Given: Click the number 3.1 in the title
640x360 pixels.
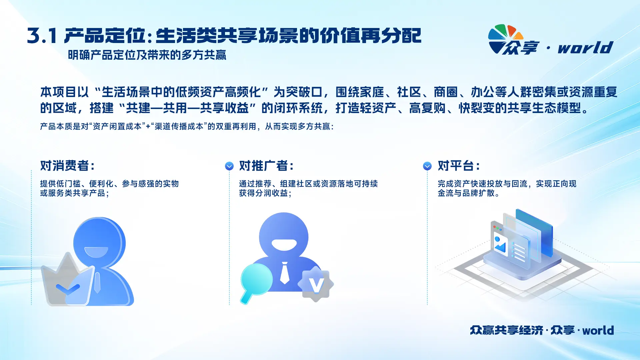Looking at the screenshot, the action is [42, 36].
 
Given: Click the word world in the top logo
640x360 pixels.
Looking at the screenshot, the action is [585, 47].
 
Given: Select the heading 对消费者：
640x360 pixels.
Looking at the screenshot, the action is [68, 166].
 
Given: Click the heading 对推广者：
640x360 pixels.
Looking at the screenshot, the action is [266, 166].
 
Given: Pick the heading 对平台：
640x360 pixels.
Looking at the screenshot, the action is [459, 166].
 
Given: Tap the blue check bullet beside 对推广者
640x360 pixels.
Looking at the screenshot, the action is [229, 166].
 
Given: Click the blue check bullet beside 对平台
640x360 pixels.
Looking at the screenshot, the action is [427, 166].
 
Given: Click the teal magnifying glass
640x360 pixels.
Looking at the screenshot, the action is [255, 282].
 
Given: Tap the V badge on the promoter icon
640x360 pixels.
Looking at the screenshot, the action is [316, 284].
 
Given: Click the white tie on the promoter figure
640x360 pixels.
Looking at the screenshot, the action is [284, 273].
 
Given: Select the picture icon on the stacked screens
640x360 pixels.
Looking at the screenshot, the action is [500, 245].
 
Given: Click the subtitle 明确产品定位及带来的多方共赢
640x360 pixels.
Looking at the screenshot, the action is [147, 55].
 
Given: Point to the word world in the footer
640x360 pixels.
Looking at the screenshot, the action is [598, 330].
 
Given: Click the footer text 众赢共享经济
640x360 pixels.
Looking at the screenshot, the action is [507, 330].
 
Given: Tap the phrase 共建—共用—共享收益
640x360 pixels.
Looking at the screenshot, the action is [187, 108].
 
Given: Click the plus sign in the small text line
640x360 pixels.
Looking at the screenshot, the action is [148, 127].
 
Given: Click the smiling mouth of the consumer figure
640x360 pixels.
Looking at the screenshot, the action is [96, 252].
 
